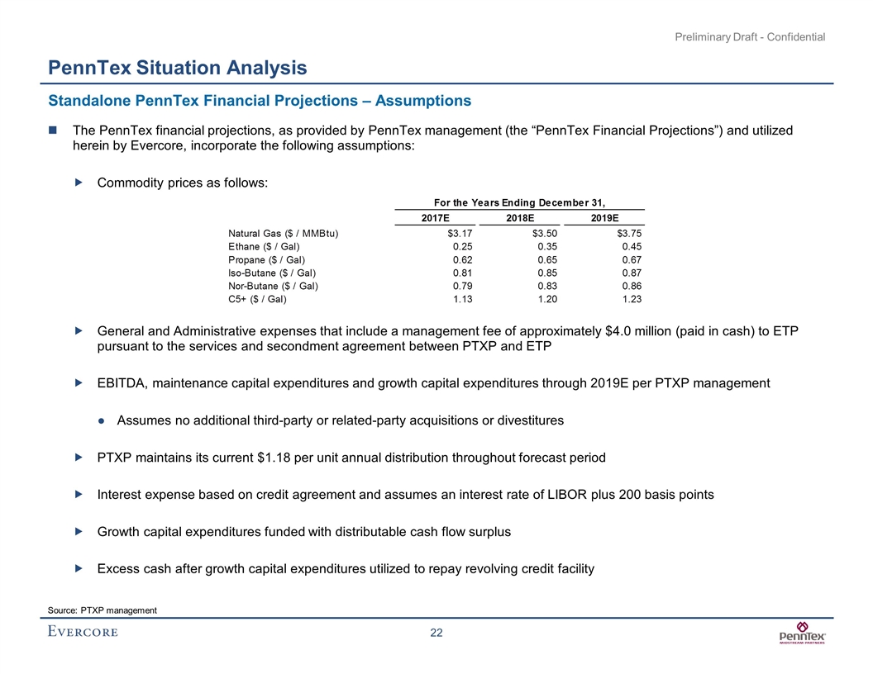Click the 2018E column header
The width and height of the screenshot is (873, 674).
(519, 217)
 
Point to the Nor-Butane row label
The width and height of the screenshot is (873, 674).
(272, 286)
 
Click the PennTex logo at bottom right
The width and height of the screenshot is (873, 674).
(803, 635)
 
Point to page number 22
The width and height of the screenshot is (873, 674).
(436, 633)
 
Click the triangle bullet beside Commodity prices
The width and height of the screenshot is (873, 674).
(79, 183)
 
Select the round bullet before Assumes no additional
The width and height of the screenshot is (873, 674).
(101, 420)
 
